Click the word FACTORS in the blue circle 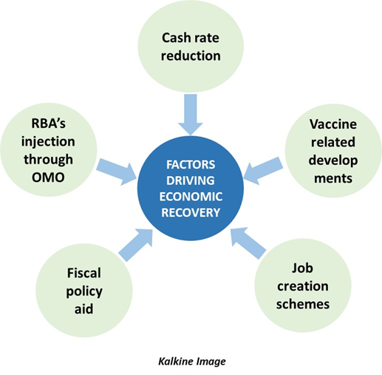[191, 165]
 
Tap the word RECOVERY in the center [191, 212]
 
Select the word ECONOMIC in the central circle [191, 197]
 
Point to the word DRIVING [191, 180]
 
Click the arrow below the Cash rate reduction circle [191, 114]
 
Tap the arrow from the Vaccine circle [263, 170]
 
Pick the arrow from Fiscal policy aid [136, 245]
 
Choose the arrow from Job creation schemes [248, 243]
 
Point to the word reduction [191, 55]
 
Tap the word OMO [48, 178]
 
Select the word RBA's [49, 124]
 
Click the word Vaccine [333, 124]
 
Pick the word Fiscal [84, 273]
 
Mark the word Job [302, 268]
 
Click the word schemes [303, 304]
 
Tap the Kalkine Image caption [192, 362]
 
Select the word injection [48, 142]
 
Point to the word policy [84, 291]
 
